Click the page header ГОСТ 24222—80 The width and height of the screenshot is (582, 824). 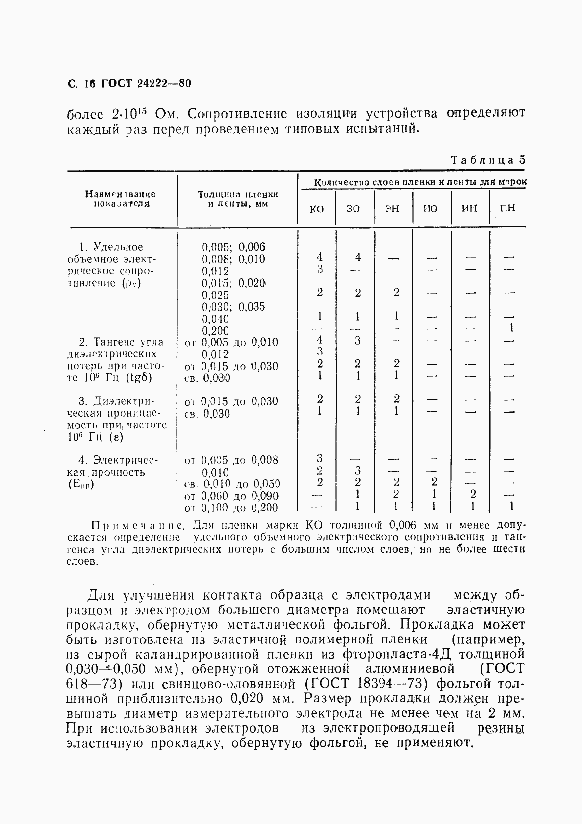click(145, 83)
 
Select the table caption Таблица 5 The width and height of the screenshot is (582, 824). click(488, 160)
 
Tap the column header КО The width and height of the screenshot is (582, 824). click(317, 209)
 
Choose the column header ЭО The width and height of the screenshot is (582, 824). click(353, 209)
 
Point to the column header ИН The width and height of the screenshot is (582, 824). click(469, 209)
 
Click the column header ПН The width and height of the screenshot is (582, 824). click(507, 209)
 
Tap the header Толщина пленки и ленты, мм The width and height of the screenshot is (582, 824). click(237, 199)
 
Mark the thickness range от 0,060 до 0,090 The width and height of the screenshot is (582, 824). click(231, 496)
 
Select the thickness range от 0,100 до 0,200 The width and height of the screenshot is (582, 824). click(231, 508)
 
